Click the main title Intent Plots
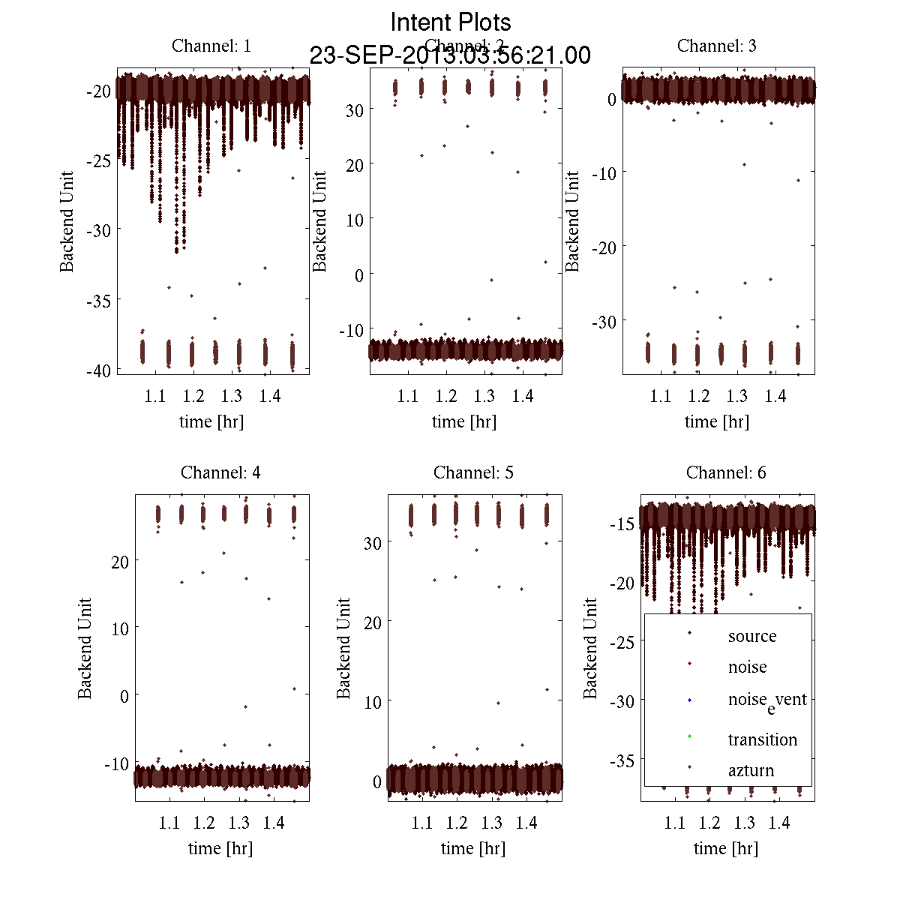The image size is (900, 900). click(x=451, y=22)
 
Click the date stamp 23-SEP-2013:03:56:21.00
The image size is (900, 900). click(x=450, y=55)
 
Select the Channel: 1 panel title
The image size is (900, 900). click(x=211, y=46)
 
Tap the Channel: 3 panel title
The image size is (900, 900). click(x=716, y=46)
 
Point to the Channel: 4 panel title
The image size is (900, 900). click(x=220, y=472)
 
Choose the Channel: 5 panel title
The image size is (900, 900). click(x=473, y=472)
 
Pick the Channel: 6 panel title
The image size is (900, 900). click(x=726, y=472)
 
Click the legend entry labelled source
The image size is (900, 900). click(x=751, y=636)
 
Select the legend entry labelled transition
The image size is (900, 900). click(x=762, y=739)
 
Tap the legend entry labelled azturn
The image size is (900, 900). click(x=751, y=770)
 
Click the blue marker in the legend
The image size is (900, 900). click(x=689, y=700)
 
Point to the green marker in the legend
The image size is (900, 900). click(x=689, y=736)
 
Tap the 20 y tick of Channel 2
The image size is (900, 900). click(x=354, y=165)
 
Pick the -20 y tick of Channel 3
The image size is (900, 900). click(x=604, y=247)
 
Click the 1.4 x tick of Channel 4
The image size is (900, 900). click(x=274, y=823)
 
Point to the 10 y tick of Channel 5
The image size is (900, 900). click(x=372, y=702)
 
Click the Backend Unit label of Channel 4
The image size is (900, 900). click(x=85, y=648)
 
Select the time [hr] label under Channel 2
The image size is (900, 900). click(x=464, y=421)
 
